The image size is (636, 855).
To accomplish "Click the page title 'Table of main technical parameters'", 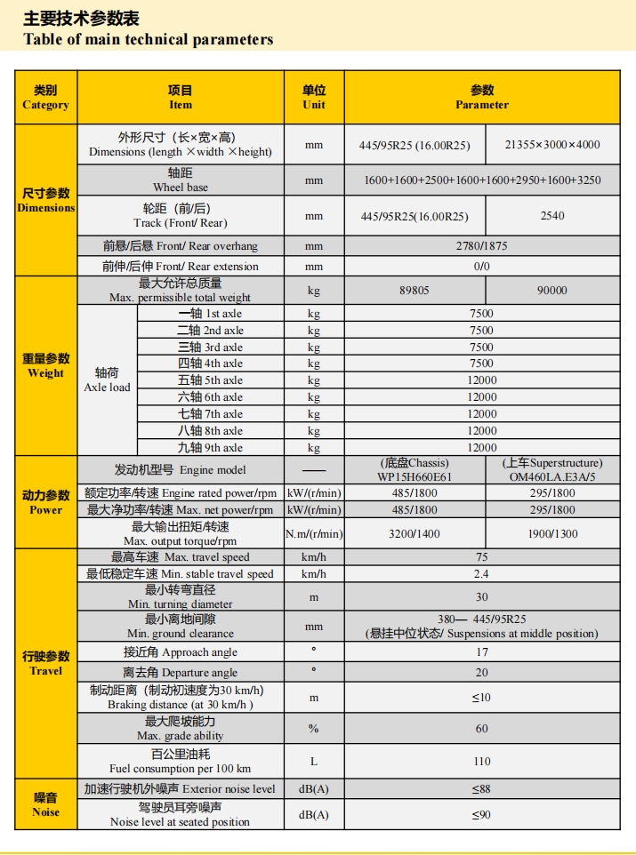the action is pyautogui.click(x=149, y=39).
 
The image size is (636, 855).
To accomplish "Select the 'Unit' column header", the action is pyautogui.click(x=314, y=98).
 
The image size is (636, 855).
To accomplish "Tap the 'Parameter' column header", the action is pyautogui.click(x=482, y=98).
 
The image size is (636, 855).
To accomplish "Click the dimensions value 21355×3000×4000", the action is pyautogui.click(x=552, y=145).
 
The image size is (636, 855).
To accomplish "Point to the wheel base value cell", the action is pyautogui.click(x=482, y=180).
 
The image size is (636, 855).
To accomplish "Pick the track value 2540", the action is pyautogui.click(x=552, y=216).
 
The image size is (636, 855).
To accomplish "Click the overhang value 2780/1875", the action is pyautogui.click(x=482, y=246).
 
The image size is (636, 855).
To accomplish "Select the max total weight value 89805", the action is pyautogui.click(x=415, y=291).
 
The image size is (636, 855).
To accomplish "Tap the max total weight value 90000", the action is pyautogui.click(x=552, y=291).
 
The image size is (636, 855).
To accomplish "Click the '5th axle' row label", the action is pyautogui.click(x=210, y=380).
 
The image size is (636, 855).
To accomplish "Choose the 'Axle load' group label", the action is pyautogui.click(x=107, y=380).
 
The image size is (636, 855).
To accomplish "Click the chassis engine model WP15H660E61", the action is pyautogui.click(x=415, y=477).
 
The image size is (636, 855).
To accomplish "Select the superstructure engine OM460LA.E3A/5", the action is pyautogui.click(x=552, y=477).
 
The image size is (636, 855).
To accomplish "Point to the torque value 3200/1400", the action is pyautogui.click(x=415, y=534).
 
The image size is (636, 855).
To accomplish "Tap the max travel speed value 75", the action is pyautogui.click(x=482, y=557).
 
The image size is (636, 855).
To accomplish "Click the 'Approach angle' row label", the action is pyautogui.click(x=181, y=652).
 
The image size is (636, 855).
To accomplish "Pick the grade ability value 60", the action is pyautogui.click(x=482, y=729).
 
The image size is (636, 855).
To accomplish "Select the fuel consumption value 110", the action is pyautogui.click(x=482, y=762).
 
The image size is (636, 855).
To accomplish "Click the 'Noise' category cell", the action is pyautogui.click(x=45, y=805).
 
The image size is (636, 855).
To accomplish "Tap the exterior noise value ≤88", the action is pyautogui.click(x=482, y=789).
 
